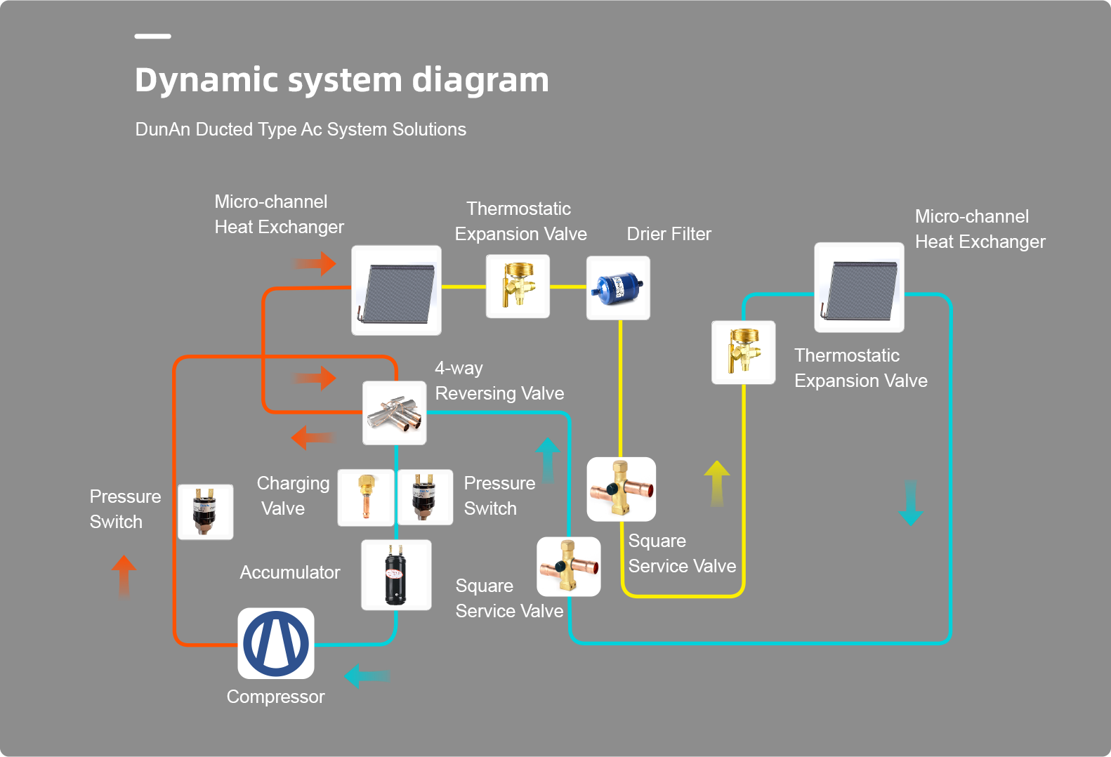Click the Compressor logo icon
tap(276, 643)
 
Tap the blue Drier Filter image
tap(618, 288)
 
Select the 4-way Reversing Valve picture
tap(394, 413)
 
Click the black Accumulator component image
tap(396, 574)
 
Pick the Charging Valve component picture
tap(365, 497)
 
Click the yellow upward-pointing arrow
tap(717, 483)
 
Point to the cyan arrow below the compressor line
tap(367, 676)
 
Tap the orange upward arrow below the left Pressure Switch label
tap(124, 577)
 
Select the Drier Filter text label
tap(669, 234)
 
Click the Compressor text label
tap(275, 697)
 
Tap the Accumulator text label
tap(290, 572)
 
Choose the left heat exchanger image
tap(396, 290)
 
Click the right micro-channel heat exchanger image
tap(859, 287)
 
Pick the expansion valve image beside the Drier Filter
tap(518, 287)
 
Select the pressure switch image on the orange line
tap(205, 512)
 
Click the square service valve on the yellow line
tap(621, 489)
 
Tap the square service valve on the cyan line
tap(568, 567)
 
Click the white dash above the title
tap(153, 36)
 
